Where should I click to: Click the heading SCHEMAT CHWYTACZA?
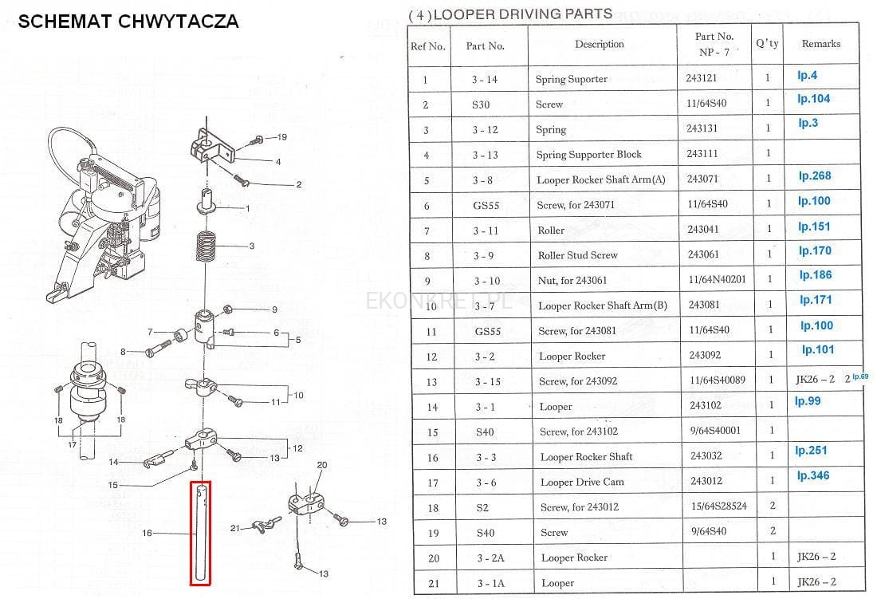point(128,22)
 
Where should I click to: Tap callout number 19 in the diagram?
point(282,137)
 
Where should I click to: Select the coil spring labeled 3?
point(206,246)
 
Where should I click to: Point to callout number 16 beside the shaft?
point(147,533)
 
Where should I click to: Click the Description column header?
point(600,44)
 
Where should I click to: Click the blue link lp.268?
point(814,176)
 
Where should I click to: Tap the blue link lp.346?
point(813,476)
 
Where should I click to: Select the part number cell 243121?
point(702,78)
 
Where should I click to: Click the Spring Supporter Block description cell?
point(589,155)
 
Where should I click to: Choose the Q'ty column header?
point(767,44)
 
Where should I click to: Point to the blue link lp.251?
point(811,451)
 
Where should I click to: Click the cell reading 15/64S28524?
point(718,506)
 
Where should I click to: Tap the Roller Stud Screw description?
point(578,255)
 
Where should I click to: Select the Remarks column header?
point(821,44)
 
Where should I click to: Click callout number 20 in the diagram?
point(322,465)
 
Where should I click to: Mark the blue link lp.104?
point(814,99)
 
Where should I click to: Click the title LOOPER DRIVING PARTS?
point(523,14)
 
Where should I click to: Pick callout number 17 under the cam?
point(72,445)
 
